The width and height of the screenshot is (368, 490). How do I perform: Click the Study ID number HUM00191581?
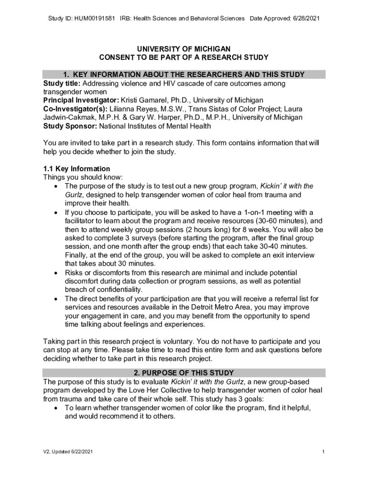(x=94, y=19)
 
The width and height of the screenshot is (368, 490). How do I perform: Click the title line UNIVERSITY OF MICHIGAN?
(x=184, y=49)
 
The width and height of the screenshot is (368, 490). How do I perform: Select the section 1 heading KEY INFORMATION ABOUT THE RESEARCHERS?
(x=184, y=75)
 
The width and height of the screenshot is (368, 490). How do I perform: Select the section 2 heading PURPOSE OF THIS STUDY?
(x=184, y=373)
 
